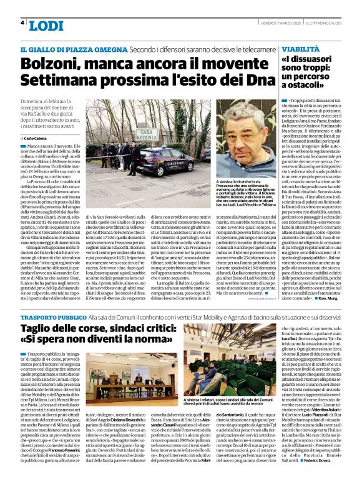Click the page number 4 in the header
click(22, 24)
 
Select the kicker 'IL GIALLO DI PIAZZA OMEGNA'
click(66, 49)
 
